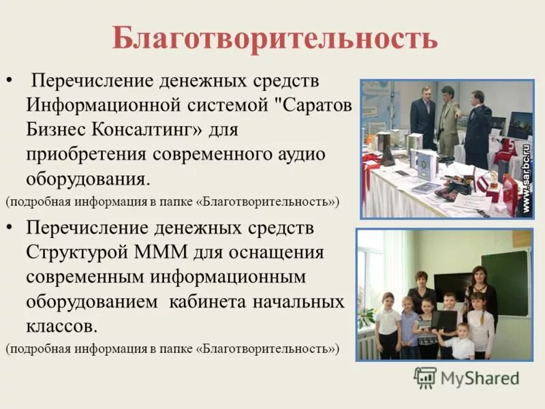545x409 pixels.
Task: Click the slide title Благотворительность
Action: tap(275, 39)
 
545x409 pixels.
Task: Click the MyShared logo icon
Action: tap(425, 378)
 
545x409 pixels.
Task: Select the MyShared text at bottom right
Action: tap(481, 378)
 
